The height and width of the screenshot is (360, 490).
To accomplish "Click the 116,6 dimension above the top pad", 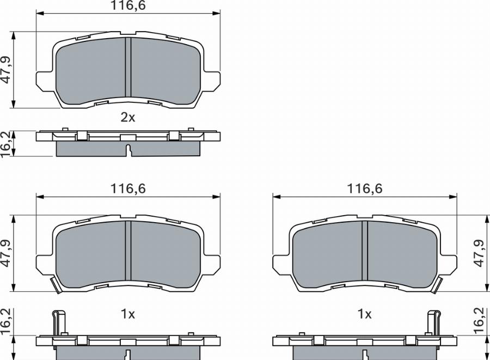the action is coord(128,5).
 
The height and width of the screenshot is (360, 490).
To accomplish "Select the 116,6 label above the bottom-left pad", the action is coord(128,189).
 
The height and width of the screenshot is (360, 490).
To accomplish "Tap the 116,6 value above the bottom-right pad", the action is coord(365,189).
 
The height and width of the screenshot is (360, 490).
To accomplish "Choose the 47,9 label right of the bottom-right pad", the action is coord(479,253).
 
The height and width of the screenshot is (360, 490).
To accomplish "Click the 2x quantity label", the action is coord(128,118).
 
